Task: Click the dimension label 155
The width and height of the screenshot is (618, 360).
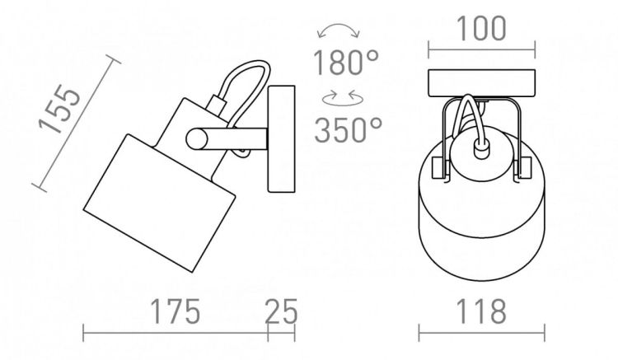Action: pos(59,109)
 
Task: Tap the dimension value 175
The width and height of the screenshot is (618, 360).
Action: pos(176,311)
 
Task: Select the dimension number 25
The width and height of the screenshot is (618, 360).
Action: pos(282,311)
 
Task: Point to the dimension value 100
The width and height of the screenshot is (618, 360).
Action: pos(481,28)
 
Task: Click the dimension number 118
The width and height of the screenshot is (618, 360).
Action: pos(481,311)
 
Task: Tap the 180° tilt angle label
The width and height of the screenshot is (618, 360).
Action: pos(345,63)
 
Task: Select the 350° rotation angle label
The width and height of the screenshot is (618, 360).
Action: pos(348,130)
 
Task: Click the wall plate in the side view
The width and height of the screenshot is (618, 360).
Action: pos(282,139)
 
